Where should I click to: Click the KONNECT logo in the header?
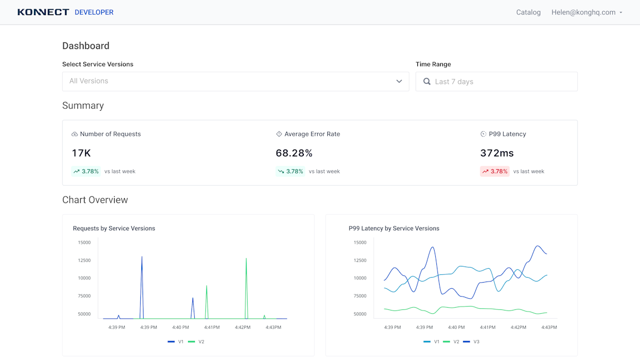pos(43,12)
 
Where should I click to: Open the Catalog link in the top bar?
pos(528,12)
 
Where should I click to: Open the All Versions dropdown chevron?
pos(399,81)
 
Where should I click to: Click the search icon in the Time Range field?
pos(427,82)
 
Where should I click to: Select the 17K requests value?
pos(81,153)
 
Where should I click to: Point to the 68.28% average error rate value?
pos(294,153)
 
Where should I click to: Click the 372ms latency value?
pos(496,153)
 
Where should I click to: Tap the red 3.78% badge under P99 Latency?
pos(495,171)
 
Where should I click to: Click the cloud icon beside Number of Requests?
pos(75,134)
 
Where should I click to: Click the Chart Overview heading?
pos(95,200)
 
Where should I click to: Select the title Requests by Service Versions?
pos(114,228)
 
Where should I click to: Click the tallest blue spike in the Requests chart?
pos(142,258)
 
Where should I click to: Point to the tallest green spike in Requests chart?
pos(246,259)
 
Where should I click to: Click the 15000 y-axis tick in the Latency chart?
pos(360,243)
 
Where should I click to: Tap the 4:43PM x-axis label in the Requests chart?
pos(273,327)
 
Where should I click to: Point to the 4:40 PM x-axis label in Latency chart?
pos(456,327)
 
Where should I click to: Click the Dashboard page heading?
pos(86,46)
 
